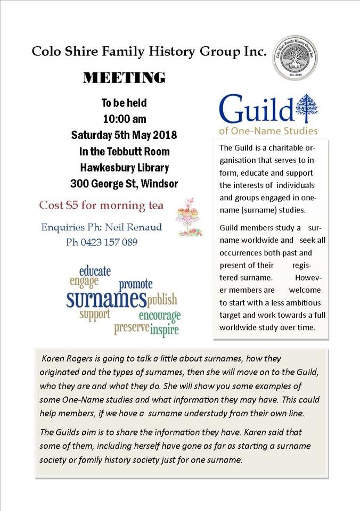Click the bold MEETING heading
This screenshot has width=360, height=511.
(x=125, y=78)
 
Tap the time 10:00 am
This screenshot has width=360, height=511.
(x=124, y=119)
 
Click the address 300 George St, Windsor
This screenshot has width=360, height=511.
(x=124, y=185)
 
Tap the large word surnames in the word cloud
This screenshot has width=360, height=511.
(x=106, y=299)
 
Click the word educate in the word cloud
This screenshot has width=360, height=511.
(x=95, y=271)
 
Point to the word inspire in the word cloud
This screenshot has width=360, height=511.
(x=165, y=330)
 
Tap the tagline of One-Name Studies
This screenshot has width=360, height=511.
(x=268, y=131)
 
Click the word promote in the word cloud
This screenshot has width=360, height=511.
(x=136, y=284)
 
